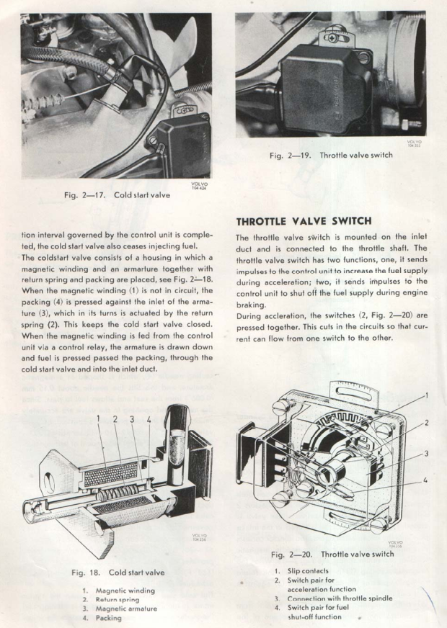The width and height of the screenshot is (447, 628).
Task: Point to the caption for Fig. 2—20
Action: pyautogui.click(x=333, y=554)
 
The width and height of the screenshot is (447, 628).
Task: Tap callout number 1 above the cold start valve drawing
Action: pyautogui.click(x=98, y=418)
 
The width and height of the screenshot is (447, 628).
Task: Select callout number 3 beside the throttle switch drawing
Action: pyautogui.click(x=427, y=453)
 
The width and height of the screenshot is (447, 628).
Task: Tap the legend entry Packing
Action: pyautogui.click(x=109, y=617)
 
